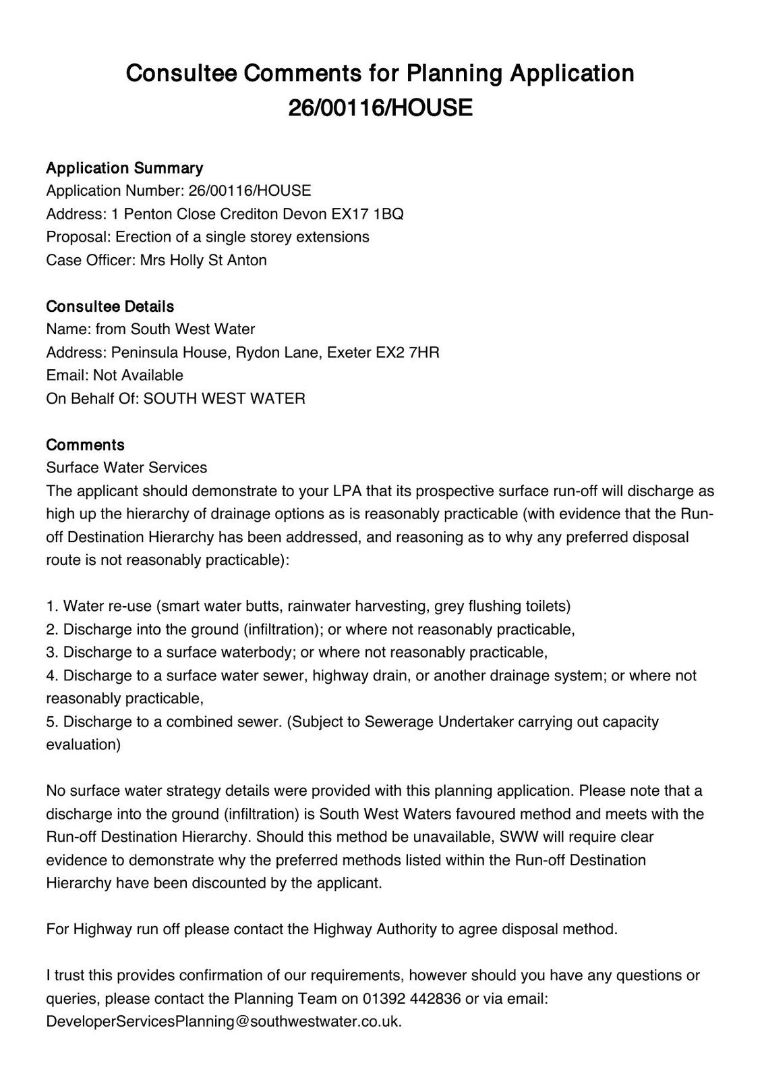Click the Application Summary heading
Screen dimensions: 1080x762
pos(124,167)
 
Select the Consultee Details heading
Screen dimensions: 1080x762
pos(110,306)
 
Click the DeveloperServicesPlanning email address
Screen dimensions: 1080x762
pos(224,1021)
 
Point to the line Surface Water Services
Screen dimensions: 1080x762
pos(127,467)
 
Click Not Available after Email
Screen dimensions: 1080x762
pos(138,375)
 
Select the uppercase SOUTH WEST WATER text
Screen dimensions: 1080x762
pos(225,398)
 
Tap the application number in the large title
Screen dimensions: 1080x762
pos(380,107)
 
